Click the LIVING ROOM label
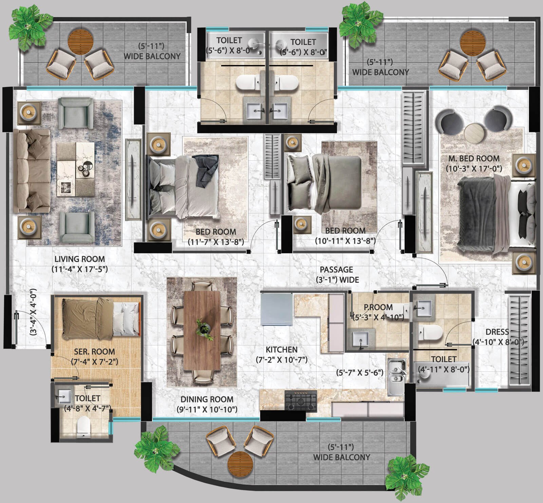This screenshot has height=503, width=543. tap(80, 259)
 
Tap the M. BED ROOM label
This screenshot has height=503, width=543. tap(474, 158)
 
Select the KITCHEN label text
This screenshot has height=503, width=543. tap(282, 349)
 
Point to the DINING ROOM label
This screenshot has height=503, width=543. tap(207, 399)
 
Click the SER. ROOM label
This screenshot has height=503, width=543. tap(94, 351)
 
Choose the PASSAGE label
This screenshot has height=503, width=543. tap(336, 270)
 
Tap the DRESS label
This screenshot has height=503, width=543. tap(497, 332)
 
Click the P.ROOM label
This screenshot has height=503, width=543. tap(378, 307)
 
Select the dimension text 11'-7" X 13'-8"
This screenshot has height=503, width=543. tap(216, 242)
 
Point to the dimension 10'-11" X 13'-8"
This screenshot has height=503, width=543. tap(345, 241)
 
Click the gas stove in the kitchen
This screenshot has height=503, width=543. tap(301, 401)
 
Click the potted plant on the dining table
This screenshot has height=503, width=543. tap(203, 329)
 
